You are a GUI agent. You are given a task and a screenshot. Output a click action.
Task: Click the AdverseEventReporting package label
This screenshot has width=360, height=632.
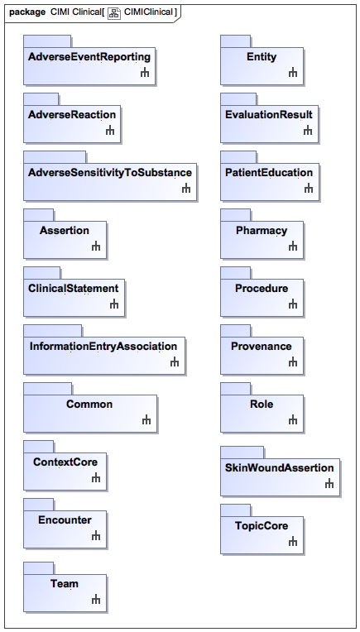click(89, 57)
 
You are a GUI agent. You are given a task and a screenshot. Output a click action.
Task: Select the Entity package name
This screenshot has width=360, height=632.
click(262, 57)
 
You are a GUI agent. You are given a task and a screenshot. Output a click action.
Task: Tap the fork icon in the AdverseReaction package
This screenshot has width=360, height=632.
click(110, 131)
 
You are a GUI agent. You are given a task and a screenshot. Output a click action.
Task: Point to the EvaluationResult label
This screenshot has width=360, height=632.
click(269, 114)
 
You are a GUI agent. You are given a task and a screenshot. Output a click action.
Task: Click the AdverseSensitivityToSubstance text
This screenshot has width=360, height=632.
click(110, 173)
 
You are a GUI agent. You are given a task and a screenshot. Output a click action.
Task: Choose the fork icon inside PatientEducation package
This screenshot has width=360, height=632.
click(309, 189)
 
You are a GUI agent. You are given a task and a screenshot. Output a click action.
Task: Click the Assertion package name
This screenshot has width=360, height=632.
click(65, 231)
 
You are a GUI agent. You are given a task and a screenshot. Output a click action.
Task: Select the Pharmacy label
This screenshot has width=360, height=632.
click(262, 231)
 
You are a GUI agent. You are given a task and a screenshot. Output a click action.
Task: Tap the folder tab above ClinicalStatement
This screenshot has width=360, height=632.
click(42, 273)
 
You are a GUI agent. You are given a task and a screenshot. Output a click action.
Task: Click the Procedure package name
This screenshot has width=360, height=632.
click(262, 289)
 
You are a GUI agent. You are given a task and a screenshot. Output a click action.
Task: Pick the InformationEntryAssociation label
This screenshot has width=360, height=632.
click(103, 347)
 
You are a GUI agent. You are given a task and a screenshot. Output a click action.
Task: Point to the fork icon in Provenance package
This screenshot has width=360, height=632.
click(293, 362)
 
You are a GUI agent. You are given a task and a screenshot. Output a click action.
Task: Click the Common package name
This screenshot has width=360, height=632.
click(89, 405)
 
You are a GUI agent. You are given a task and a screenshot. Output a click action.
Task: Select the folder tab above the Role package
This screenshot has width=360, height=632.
click(235, 389)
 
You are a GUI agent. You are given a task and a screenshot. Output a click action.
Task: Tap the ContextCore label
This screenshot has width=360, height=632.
click(65, 462)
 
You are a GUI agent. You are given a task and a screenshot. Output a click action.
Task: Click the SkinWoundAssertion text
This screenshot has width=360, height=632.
click(280, 468)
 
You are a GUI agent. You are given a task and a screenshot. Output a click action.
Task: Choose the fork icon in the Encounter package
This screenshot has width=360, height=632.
click(95, 536)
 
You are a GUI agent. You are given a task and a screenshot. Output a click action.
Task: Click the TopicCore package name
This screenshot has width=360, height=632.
click(262, 526)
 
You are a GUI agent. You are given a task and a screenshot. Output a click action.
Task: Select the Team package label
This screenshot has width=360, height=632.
click(65, 584)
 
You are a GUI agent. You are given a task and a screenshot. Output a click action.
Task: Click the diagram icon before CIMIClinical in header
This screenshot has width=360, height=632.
click(114, 12)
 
